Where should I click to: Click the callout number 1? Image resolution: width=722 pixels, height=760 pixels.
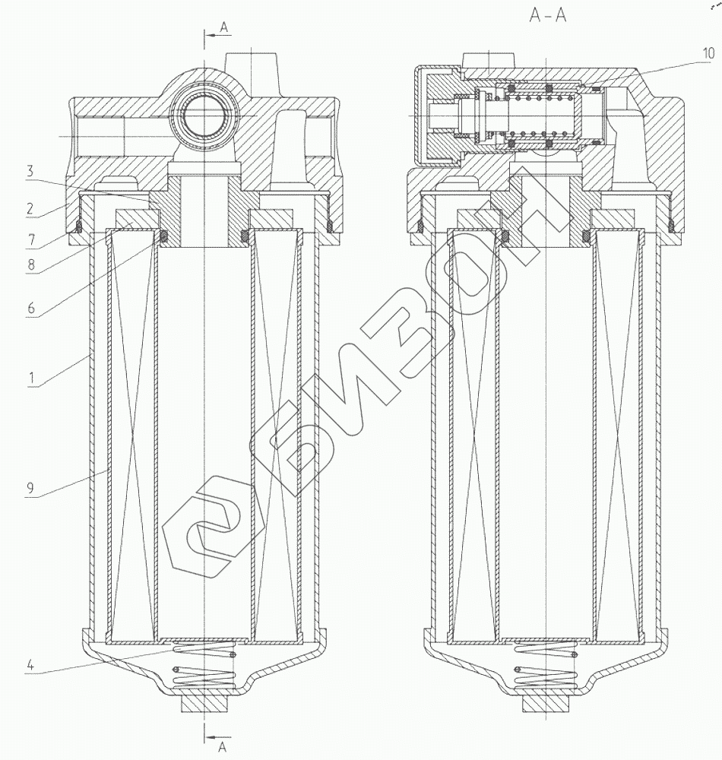[x=32, y=377]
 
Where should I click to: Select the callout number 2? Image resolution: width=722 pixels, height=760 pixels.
[x=30, y=209]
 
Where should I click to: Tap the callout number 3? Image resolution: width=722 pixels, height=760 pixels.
[x=30, y=171]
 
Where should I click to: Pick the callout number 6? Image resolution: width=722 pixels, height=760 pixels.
[x=31, y=308]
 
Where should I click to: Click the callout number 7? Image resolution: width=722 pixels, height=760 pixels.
[x=31, y=239]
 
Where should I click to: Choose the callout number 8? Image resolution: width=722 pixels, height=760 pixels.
[x=31, y=264]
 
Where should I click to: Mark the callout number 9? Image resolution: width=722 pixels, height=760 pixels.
[x=30, y=488]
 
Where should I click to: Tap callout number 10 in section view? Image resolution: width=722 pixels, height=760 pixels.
[x=708, y=53]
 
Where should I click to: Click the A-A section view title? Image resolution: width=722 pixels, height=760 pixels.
[x=547, y=15]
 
